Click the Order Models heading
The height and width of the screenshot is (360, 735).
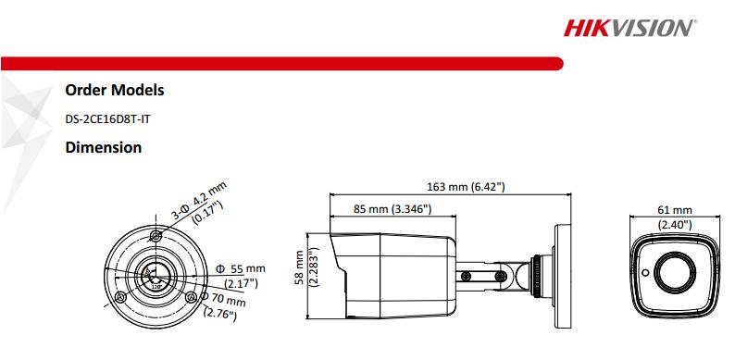point(115,91)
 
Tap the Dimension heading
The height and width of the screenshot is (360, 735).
point(103,147)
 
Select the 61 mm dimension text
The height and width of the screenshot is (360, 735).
point(675,211)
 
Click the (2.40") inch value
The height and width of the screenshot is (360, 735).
point(675,224)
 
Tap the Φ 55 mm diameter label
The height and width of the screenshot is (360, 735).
point(240,268)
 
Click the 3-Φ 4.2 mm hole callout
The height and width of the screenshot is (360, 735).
point(198,202)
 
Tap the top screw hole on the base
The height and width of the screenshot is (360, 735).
point(156,237)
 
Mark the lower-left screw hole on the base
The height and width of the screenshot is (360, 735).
point(120,298)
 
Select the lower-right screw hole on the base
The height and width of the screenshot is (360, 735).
point(190,297)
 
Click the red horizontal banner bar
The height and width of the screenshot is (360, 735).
point(278,63)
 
